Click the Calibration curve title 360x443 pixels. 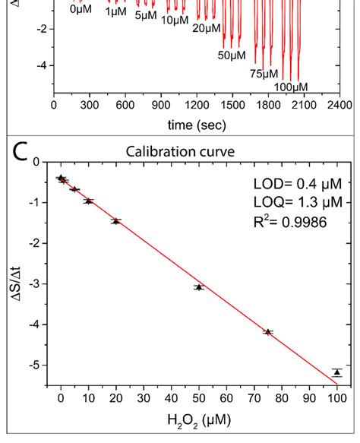pyautogui.click(x=180, y=152)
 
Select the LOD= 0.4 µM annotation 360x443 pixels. pyautogui.click(x=298, y=184)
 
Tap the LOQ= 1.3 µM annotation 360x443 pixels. pyautogui.click(x=298, y=202)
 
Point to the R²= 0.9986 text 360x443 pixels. pyautogui.click(x=290, y=222)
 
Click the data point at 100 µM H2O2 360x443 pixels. pyautogui.click(x=337, y=372)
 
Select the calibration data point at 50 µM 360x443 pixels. pyautogui.click(x=199, y=287)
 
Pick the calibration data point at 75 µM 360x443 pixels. pyautogui.click(x=268, y=332)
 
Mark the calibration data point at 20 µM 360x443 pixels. pyautogui.click(x=115, y=221)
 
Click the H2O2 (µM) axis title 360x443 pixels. pyautogui.click(x=199, y=421)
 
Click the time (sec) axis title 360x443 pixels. pyautogui.click(x=197, y=125)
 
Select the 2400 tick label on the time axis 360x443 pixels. pyautogui.click(x=339, y=105)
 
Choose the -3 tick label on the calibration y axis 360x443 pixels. pyautogui.click(x=34, y=283)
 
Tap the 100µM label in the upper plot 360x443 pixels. pyautogui.click(x=291, y=87)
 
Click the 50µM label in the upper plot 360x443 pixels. pyautogui.click(x=232, y=55)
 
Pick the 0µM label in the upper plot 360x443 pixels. pyautogui.click(x=81, y=9)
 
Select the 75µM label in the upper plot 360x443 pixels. pyautogui.click(x=264, y=74)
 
